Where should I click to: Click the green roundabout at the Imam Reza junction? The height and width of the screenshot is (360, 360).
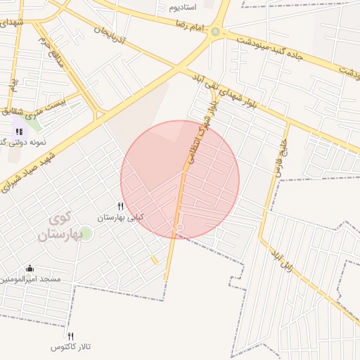click(x=215, y=32)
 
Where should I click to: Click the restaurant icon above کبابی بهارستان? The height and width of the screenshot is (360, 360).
click(x=120, y=207)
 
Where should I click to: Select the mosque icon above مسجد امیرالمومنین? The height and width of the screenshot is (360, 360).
click(x=30, y=268)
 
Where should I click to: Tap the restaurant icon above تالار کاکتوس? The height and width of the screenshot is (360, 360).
click(x=70, y=336)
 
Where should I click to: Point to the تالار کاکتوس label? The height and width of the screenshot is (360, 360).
click(x=71, y=347)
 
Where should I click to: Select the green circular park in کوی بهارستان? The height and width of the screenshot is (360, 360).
click(x=86, y=233)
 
